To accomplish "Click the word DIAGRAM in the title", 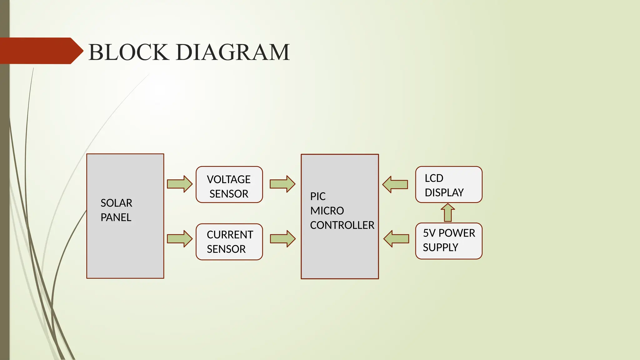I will (x=233, y=52).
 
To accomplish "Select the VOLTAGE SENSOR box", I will (x=229, y=185).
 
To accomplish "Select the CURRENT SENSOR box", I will (x=229, y=242).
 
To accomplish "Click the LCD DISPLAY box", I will (x=449, y=185).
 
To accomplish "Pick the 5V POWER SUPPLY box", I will (x=449, y=241).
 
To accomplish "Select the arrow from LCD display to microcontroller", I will (x=395, y=184).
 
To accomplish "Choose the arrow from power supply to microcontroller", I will (x=396, y=239).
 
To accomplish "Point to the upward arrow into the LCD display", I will (x=448, y=213).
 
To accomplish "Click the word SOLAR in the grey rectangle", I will (x=116, y=203).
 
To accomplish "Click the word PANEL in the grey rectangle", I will (x=116, y=217).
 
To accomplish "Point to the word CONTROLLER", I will (x=342, y=225).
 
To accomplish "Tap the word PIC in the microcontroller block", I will (x=318, y=197).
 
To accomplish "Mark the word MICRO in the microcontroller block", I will (x=327, y=211).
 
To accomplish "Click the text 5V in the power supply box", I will (x=429, y=233).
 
